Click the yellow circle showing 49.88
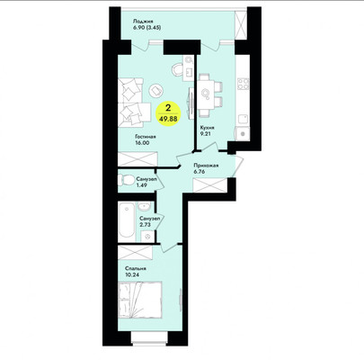click(x=168, y=113)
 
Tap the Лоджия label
click(x=144, y=22)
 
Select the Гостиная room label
click(x=145, y=137)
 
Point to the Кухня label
click(x=208, y=128)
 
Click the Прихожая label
click(x=206, y=166)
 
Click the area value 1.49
click(x=141, y=185)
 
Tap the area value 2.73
click(x=145, y=224)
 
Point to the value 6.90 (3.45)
click(x=147, y=27)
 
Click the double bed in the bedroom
click(x=140, y=300)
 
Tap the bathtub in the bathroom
click(x=126, y=221)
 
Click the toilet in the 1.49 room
click(x=126, y=180)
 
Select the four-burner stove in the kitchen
click(x=243, y=84)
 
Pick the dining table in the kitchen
click(x=205, y=95)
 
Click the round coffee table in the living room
click(x=155, y=90)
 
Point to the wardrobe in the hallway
click(x=209, y=185)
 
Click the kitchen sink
click(x=243, y=133)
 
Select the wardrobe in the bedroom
click(x=135, y=253)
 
